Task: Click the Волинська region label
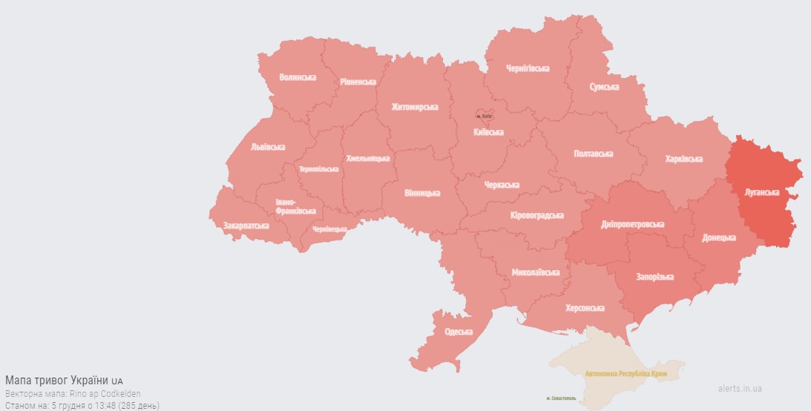(x=298, y=77)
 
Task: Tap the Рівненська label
(x=358, y=82)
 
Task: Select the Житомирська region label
(x=415, y=107)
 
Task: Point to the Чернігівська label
(x=528, y=68)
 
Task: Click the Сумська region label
(x=604, y=88)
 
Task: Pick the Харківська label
(x=683, y=159)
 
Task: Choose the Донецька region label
(x=719, y=238)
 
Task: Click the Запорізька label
(x=654, y=277)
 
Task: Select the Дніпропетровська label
(x=633, y=224)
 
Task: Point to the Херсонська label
(x=585, y=308)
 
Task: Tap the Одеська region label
(x=459, y=332)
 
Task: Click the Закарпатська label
(x=246, y=225)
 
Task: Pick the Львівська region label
(x=268, y=147)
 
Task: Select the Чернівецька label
(x=329, y=229)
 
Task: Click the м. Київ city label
(x=485, y=116)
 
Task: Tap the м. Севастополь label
(x=562, y=399)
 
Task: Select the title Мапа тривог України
(x=58, y=380)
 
